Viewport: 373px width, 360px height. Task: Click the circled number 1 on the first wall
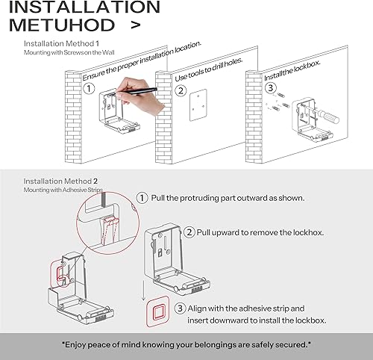(89, 89)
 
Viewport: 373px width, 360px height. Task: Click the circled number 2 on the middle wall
(181, 92)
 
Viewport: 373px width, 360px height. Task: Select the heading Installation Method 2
(60, 181)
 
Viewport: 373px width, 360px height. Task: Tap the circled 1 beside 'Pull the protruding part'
(142, 198)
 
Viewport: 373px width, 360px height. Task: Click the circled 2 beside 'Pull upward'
(190, 232)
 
